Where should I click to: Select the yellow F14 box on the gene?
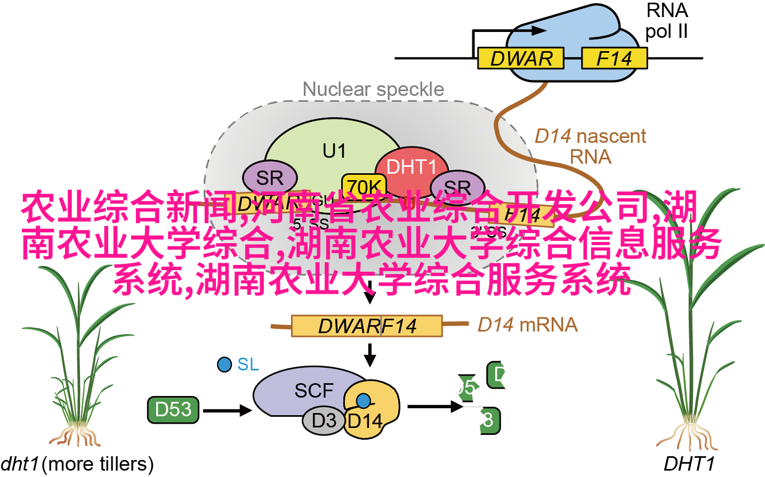pyautogui.click(x=614, y=58)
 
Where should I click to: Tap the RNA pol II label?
pyautogui.click(x=666, y=21)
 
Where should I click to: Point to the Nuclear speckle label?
pyautogui.click(x=373, y=90)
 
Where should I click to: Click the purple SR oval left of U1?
pyautogui.click(x=270, y=177)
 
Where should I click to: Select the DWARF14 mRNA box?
pyautogui.click(x=367, y=326)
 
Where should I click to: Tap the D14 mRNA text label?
pyautogui.click(x=527, y=325)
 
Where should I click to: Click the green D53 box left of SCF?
pyautogui.click(x=173, y=409)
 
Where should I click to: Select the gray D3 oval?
pyautogui.click(x=324, y=421)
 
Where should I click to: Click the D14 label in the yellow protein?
pyautogui.click(x=365, y=422)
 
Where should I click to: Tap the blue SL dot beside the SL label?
pyautogui.click(x=224, y=365)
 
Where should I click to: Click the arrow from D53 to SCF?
pyautogui.click(x=227, y=410)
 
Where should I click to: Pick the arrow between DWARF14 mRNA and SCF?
pyautogui.click(x=369, y=354)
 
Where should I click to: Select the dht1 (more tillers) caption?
pyautogui.click(x=77, y=464)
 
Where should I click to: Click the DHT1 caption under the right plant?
pyautogui.click(x=689, y=464)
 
